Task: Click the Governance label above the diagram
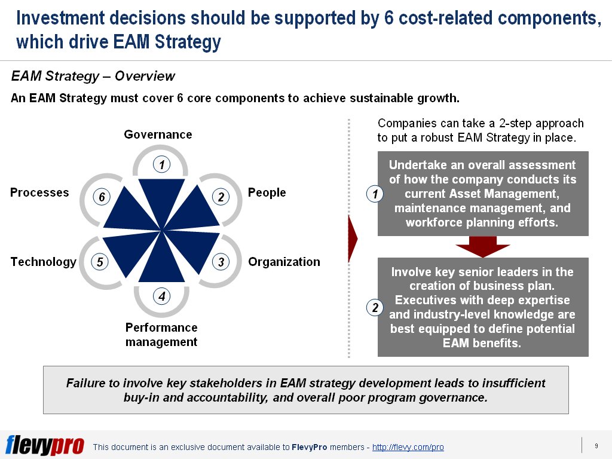click(x=158, y=134)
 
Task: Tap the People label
click(x=267, y=192)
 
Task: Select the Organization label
click(x=284, y=262)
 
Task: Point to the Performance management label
click(x=161, y=335)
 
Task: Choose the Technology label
click(x=44, y=262)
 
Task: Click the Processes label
click(x=39, y=192)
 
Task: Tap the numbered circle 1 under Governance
click(x=161, y=164)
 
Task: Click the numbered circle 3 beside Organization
click(x=221, y=262)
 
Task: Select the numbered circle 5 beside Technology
click(x=100, y=262)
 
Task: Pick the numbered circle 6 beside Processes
click(x=102, y=197)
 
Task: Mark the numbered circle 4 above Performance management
click(x=161, y=295)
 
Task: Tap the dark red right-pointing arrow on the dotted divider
click(x=353, y=240)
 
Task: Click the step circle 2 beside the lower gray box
click(x=375, y=308)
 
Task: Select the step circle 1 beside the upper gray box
click(x=375, y=194)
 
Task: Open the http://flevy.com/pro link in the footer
click(x=408, y=447)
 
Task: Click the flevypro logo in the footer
click(x=45, y=445)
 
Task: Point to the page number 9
click(x=596, y=445)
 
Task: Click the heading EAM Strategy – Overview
click(x=93, y=76)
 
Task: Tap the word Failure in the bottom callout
click(x=85, y=383)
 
